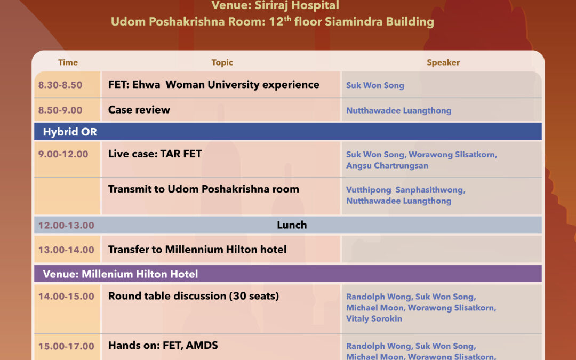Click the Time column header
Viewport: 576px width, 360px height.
(x=68, y=62)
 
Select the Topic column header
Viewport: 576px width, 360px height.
(x=222, y=62)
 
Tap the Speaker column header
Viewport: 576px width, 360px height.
(x=443, y=62)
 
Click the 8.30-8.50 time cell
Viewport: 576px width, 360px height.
(x=60, y=85)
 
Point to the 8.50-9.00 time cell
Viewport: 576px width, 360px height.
(x=60, y=110)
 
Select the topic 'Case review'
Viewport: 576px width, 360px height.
(x=139, y=110)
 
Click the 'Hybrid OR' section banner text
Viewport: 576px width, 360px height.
(x=70, y=132)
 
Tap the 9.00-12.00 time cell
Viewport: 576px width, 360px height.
(x=63, y=154)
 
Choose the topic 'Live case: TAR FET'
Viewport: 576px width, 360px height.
(x=155, y=154)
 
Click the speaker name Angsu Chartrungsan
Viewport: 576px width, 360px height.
(x=387, y=166)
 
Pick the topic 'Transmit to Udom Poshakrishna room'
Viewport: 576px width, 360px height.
(x=204, y=189)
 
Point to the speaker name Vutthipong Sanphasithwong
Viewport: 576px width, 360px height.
(x=405, y=190)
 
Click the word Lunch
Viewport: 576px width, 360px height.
(x=292, y=225)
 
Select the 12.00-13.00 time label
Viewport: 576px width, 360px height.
(x=66, y=225)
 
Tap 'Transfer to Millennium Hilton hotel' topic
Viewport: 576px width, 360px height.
(x=197, y=250)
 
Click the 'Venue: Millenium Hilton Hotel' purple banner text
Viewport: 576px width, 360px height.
(x=121, y=274)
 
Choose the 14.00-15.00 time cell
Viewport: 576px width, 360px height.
(x=66, y=297)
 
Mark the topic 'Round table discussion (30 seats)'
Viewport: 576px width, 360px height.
(x=193, y=296)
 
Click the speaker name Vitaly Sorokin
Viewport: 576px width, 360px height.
(x=374, y=319)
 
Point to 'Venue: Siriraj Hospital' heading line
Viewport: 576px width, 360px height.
(x=275, y=5)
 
